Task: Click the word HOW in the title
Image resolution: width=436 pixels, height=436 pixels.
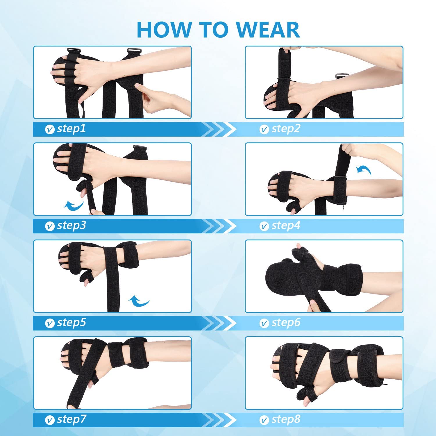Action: (164, 30)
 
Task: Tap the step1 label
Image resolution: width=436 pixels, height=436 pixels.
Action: (71, 128)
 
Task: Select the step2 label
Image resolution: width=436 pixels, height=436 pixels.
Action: (286, 128)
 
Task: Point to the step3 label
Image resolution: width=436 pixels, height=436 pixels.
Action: (72, 225)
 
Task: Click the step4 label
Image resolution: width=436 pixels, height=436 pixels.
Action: (286, 225)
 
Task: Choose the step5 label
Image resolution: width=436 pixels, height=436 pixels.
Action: (72, 322)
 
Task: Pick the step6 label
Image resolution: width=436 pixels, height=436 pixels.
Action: (286, 322)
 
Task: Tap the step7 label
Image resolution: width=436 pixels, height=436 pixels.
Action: (72, 419)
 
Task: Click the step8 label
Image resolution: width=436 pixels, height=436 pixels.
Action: (286, 419)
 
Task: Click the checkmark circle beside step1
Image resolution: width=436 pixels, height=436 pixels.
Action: (50, 129)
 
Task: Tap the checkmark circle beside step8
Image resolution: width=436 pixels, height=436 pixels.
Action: (264, 420)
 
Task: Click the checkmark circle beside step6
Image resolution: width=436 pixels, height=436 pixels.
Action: (264, 323)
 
